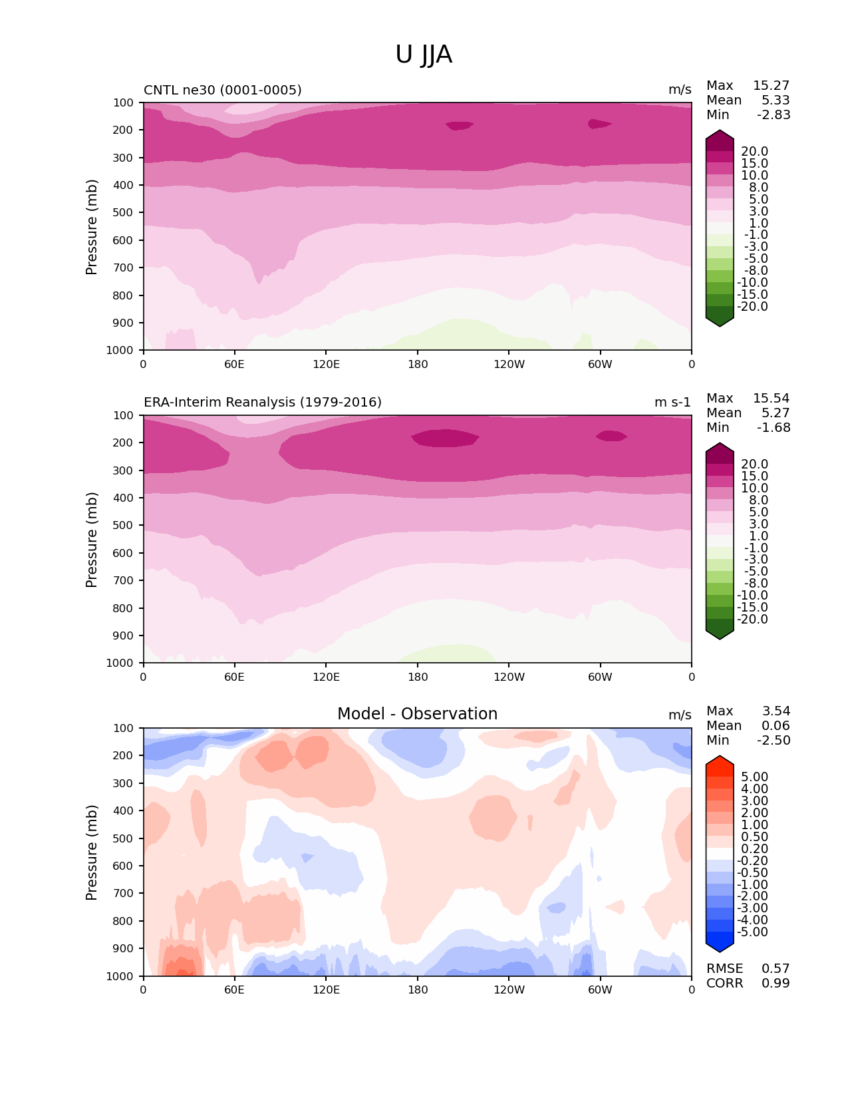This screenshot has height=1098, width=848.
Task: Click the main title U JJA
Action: [x=424, y=55]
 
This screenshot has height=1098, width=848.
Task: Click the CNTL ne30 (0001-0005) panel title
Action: [x=223, y=90]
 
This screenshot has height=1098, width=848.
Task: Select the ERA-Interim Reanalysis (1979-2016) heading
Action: [x=263, y=403]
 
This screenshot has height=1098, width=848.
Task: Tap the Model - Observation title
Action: [x=417, y=714]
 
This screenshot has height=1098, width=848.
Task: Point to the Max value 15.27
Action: [x=771, y=86]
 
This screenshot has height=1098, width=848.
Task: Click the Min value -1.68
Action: [x=774, y=428]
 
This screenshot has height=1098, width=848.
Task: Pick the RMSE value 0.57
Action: [x=776, y=969]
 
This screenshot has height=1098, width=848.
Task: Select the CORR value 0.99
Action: [x=776, y=984]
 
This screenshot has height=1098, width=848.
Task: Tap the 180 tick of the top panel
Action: [x=418, y=364]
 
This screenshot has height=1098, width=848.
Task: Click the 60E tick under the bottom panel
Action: [x=234, y=990]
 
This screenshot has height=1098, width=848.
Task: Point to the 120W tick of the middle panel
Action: [x=509, y=677]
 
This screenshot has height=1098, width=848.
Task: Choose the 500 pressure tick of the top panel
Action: [x=124, y=213]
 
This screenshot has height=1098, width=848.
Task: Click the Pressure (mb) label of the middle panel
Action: [x=92, y=540]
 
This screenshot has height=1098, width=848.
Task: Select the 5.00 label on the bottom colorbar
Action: [x=754, y=777]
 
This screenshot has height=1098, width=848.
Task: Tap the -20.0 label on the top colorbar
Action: [x=753, y=307]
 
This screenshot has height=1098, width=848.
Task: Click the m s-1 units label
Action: [x=672, y=403]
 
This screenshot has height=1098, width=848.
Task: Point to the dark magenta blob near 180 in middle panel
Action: [x=444, y=439]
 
